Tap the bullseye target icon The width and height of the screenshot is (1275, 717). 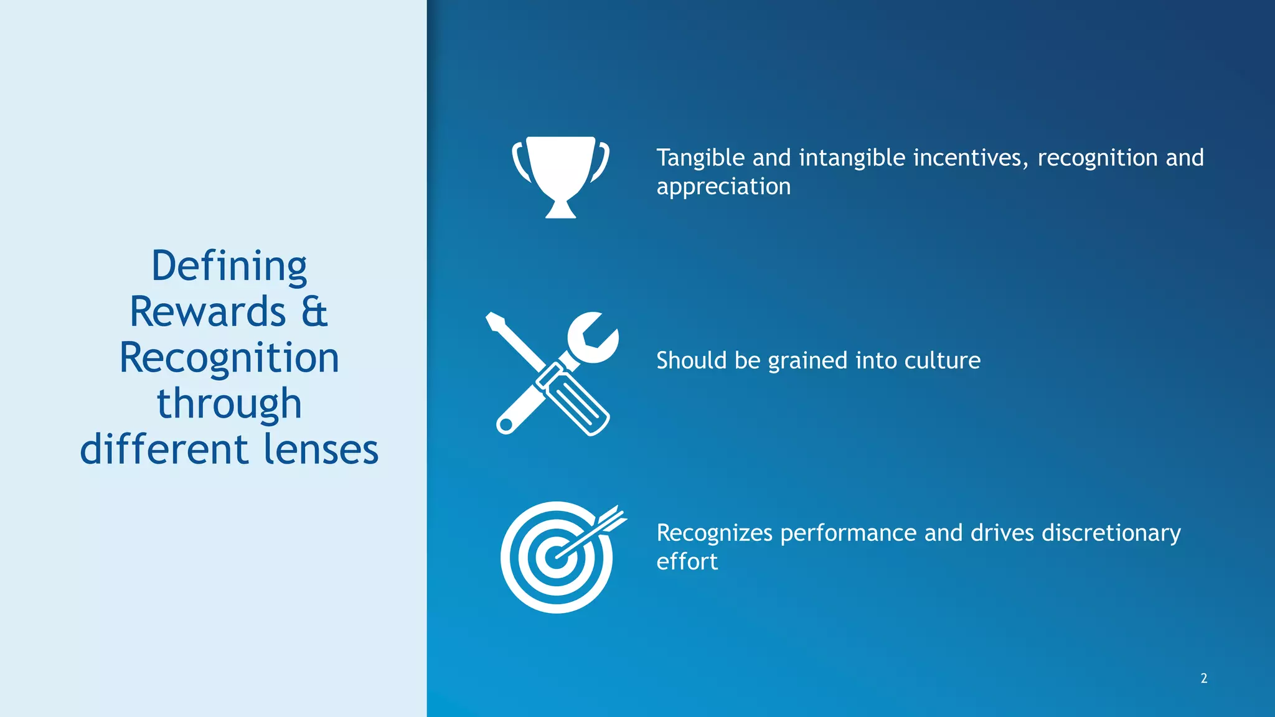(556, 558)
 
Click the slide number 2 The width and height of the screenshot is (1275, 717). (1203, 678)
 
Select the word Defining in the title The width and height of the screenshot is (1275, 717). (229, 266)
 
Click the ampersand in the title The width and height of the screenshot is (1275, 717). (314, 312)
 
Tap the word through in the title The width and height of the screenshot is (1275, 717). (229, 405)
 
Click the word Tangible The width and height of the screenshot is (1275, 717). (700, 158)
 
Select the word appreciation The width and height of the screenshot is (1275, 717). (723, 187)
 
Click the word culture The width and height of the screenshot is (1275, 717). (942, 361)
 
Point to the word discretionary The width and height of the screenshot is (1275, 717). (1111, 533)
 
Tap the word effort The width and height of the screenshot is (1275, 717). (687, 561)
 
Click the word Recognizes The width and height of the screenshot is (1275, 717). (714, 533)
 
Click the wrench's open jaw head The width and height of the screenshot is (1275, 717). (593, 338)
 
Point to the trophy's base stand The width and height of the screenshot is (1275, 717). (560, 210)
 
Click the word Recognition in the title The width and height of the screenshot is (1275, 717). (229, 358)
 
